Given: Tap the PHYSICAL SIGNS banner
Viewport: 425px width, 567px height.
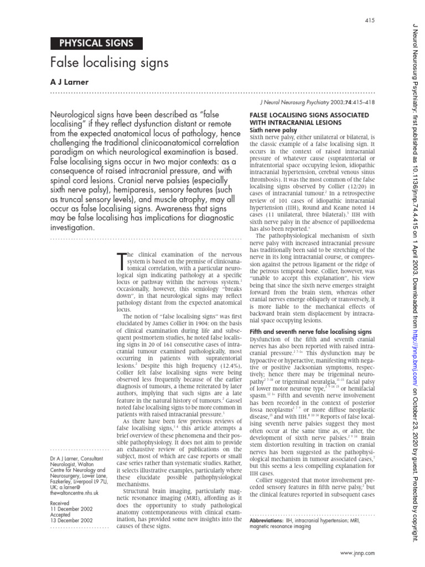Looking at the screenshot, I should (x=96, y=44).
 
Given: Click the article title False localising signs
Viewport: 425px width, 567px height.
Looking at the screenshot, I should (x=109, y=63).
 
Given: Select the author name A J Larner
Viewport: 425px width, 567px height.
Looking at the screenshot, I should (x=70, y=81).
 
